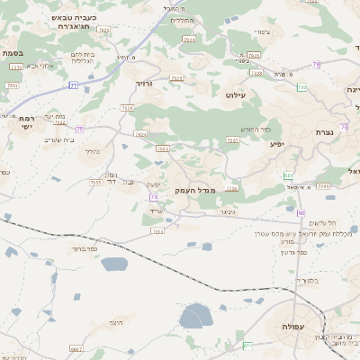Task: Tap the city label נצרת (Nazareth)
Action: tap(325, 132)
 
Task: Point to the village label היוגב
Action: tap(114, 321)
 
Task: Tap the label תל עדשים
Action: tap(320, 222)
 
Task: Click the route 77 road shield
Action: tap(74, 85)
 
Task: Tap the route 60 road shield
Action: tap(301, 212)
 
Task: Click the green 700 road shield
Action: tap(302, 87)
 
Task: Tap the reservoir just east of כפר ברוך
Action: tap(114, 265)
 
